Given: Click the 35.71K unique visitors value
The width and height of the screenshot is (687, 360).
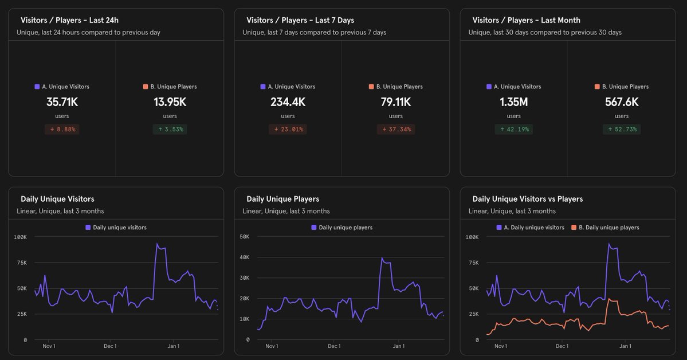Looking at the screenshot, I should [62, 103].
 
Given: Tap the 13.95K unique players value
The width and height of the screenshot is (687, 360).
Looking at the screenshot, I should [170, 103].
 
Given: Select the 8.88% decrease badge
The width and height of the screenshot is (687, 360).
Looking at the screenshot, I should [62, 130].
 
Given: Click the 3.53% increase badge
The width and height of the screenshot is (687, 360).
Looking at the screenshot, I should [170, 130].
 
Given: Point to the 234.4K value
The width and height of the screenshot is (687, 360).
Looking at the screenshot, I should [288, 103].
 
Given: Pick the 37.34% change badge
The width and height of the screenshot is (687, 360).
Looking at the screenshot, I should [395, 130].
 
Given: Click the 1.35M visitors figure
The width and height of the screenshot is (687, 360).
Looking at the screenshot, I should [513, 103].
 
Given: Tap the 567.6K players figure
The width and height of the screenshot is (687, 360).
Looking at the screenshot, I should [622, 103].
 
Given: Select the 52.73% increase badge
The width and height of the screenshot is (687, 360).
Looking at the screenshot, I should [622, 130].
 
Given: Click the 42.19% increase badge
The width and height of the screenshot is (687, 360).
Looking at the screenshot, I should [513, 130].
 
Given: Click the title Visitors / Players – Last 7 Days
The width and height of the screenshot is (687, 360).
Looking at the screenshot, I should [300, 20].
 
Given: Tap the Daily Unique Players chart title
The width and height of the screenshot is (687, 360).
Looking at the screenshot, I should [282, 199].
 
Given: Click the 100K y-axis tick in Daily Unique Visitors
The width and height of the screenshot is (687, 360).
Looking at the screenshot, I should [21, 237].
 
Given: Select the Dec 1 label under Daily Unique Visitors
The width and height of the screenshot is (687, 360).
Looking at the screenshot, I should [110, 346].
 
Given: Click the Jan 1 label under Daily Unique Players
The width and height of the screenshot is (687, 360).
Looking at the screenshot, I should [399, 346].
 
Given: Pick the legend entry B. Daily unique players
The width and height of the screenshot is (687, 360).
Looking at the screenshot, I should [609, 228].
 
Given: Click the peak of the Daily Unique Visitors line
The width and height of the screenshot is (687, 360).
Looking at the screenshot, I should [157, 244].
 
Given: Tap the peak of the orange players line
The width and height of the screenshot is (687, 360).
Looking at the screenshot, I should [609, 299].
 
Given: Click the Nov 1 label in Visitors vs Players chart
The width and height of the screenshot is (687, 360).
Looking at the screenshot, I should [500, 346].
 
